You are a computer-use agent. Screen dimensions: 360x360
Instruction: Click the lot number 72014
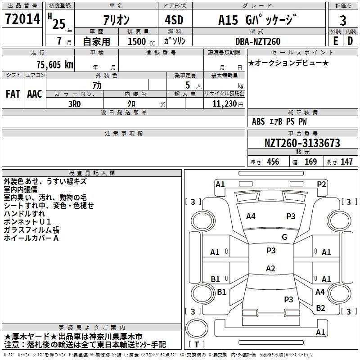(22, 18)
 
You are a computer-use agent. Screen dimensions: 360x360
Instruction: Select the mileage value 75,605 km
(55, 64)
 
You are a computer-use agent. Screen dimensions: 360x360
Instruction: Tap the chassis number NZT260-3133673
(302, 143)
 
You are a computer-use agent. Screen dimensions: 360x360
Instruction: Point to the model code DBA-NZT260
(258, 41)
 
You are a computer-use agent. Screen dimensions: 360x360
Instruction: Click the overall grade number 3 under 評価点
(343, 21)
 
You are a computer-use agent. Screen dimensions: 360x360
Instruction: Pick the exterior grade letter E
(336, 41)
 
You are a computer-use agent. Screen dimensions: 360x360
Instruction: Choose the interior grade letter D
(350, 41)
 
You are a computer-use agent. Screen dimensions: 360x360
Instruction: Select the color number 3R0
(75, 104)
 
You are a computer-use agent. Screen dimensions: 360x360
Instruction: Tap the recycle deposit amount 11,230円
(228, 104)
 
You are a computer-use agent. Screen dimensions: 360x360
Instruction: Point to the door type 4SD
(174, 20)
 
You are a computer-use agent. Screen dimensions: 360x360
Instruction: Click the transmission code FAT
(13, 94)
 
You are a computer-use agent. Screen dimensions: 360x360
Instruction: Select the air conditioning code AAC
(35, 94)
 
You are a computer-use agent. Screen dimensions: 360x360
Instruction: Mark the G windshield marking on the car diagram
(284, 237)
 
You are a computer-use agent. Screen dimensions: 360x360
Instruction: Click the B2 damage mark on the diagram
(320, 308)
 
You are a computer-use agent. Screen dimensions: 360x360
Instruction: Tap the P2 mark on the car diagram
(321, 184)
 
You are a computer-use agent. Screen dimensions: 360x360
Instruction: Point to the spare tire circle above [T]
(197, 328)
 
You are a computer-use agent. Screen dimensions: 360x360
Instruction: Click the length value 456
(273, 162)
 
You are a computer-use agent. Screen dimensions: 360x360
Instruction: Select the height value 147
(346, 162)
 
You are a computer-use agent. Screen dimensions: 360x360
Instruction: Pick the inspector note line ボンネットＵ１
(27, 222)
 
